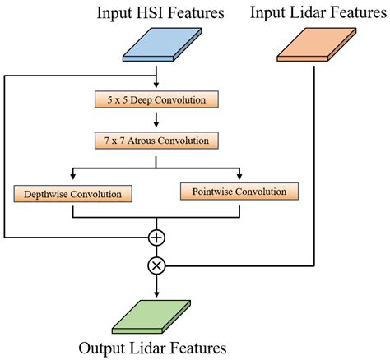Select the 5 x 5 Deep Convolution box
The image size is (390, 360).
click(156, 101)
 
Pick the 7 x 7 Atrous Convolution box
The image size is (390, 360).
click(156, 141)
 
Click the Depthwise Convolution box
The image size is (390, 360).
click(74, 195)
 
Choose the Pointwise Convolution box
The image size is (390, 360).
click(238, 192)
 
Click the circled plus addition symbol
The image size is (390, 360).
click(156, 238)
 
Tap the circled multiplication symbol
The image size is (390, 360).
click(156, 265)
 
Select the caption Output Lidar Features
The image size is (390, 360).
click(152, 346)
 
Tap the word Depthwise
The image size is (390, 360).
click(46, 195)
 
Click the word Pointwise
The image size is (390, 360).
click(211, 192)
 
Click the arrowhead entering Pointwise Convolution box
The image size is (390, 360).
click(239, 178)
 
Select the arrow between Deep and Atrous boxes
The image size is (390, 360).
click(156, 121)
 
